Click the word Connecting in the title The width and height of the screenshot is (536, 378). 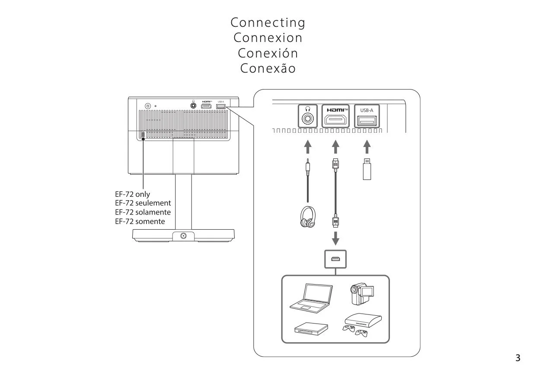click(268, 22)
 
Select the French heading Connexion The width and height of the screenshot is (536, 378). click(268, 38)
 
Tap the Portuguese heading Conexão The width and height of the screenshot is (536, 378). click(268, 69)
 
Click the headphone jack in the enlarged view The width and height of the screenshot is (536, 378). click(308, 117)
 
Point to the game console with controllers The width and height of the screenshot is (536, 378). click(362, 326)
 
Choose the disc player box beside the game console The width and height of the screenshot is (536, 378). click(311, 328)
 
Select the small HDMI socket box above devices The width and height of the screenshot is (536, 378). click(335, 259)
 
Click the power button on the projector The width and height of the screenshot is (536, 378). click(148, 106)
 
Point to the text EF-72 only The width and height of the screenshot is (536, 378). click(132, 194)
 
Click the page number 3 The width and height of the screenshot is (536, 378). click(518, 358)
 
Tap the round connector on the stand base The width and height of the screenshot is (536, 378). click(184, 236)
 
